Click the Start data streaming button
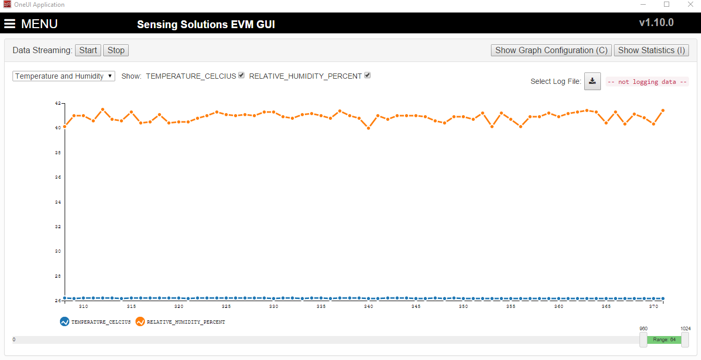coord(88,50)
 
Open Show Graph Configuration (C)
coord(551,50)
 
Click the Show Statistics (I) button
coord(651,50)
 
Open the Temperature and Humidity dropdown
coord(64,76)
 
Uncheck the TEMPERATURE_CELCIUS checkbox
coord(241,76)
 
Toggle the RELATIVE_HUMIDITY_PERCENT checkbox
coord(367,76)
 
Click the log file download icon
coord(592,81)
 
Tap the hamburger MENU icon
coord(10,24)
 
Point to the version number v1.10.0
coord(656,23)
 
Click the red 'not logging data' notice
coord(647,82)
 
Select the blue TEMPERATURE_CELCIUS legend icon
coord(65,322)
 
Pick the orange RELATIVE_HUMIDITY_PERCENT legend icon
coord(140,322)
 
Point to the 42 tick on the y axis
coord(58,103)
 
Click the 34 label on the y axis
coord(58,202)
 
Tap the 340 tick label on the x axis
coord(368,306)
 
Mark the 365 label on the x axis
coord(606,306)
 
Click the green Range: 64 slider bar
coord(664,340)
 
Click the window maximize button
coord(667,5)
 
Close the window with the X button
coord(691,5)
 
